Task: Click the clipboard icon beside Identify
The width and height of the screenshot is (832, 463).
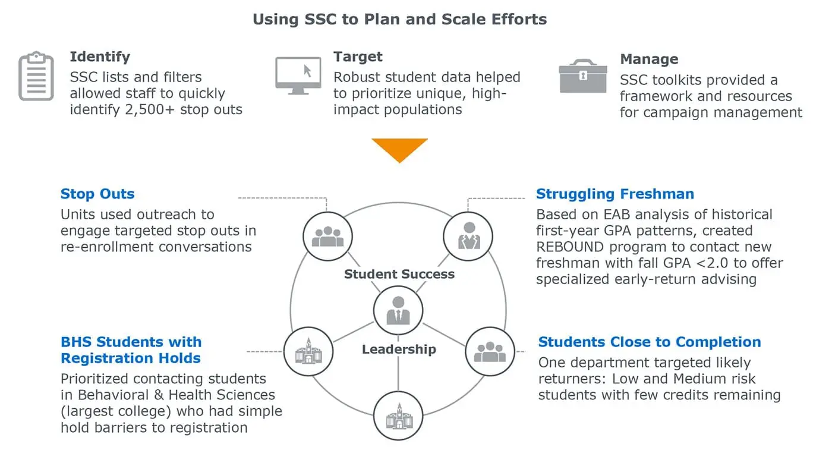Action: [x=36, y=76]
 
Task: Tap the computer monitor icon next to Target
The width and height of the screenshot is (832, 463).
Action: [x=298, y=76]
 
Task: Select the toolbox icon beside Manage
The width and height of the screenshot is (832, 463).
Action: [x=583, y=76]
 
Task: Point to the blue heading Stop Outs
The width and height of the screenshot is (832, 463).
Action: [x=97, y=194]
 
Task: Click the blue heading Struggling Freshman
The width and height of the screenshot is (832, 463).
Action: [x=614, y=194]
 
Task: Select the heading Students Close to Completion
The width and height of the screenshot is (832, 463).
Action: [x=650, y=342]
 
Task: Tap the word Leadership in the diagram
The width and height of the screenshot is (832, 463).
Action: [x=399, y=349]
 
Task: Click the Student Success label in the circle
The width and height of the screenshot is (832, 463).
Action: [x=399, y=274]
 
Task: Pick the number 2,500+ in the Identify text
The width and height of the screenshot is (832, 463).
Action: [x=150, y=109]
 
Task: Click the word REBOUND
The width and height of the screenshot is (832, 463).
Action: [x=570, y=247]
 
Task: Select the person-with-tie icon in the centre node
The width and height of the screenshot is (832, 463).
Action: [x=398, y=311]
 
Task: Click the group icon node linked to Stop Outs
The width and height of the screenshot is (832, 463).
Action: [x=327, y=237]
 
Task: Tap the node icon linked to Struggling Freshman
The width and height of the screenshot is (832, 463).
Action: [x=468, y=237]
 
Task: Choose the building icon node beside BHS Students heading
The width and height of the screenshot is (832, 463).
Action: [x=308, y=351]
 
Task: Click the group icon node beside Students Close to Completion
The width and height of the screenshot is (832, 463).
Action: [x=490, y=351]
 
